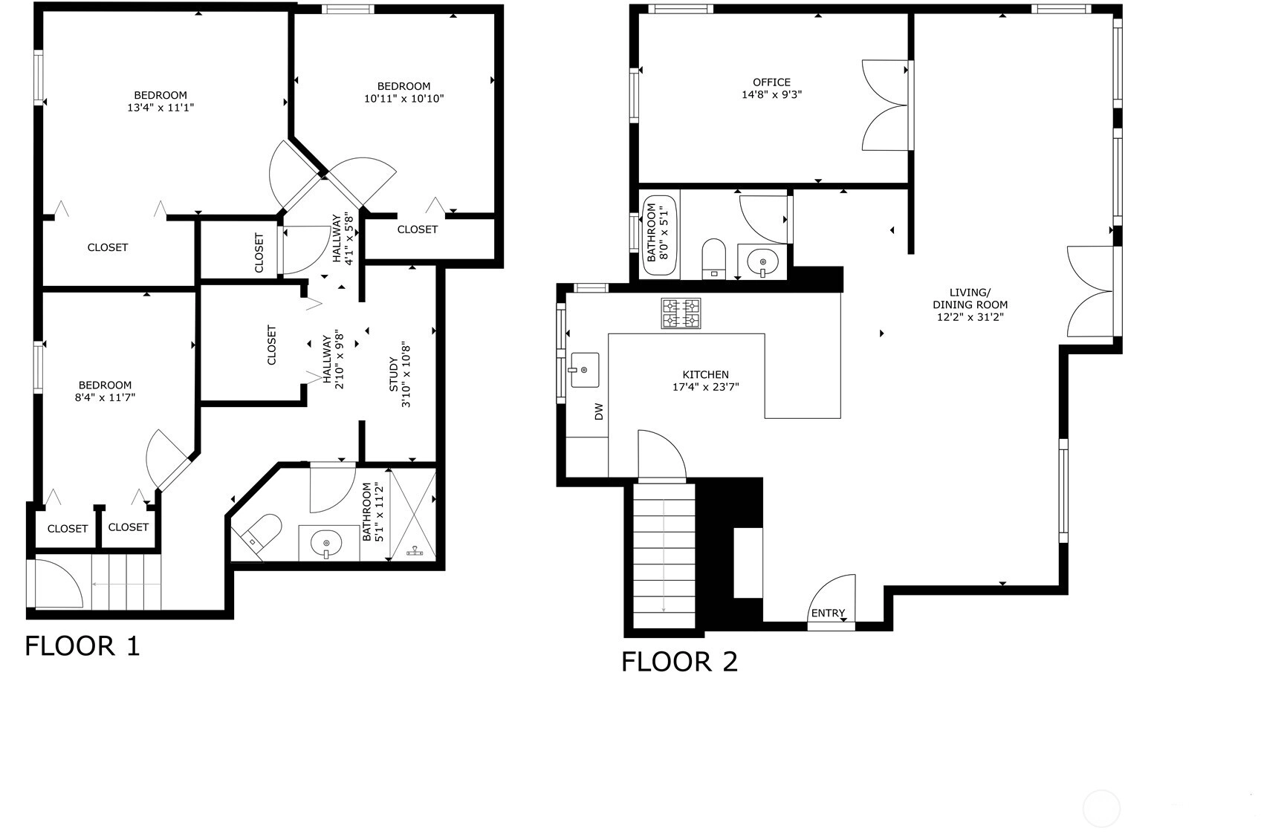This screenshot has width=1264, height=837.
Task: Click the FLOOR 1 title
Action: pyautogui.click(x=82, y=646)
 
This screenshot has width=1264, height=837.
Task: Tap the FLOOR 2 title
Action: pyautogui.click(x=679, y=662)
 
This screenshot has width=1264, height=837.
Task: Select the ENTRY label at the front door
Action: pyautogui.click(x=828, y=613)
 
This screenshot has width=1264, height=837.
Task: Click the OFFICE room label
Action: pyautogui.click(x=771, y=82)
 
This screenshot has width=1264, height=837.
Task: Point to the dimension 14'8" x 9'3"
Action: pyautogui.click(x=771, y=95)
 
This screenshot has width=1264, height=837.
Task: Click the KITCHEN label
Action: pyautogui.click(x=705, y=374)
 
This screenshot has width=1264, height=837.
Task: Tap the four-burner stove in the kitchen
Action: pyautogui.click(x=681, y=313)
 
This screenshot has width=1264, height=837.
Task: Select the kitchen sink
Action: pyautogui.click(x=585, y=370)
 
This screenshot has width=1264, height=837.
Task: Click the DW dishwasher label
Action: pyautogui.click(x=599, y=411)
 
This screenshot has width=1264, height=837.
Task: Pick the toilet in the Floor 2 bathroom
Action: pyautogui.click(x=714, y=259)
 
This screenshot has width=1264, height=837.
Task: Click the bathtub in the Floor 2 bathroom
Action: pyautogui.click(x=659, y=235)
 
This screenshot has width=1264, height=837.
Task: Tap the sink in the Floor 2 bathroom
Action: pyautogui.click(x=762, y=262)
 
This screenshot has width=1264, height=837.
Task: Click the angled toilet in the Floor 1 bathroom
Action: pyautogui.click(x=261, y=532)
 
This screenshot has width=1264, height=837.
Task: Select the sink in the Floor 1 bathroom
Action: pyautogui.click(x=327, y=544)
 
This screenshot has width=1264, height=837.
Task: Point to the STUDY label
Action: pyautogui.click(x=394, y=375)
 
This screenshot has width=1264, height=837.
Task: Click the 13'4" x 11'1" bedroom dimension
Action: pyautogui.click(x=161, y=108)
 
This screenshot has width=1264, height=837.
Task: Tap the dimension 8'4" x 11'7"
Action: pyautogui.click(x=105, y=397)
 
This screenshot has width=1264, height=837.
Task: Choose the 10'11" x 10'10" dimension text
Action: pyautogui.click(x=404, y=99)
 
